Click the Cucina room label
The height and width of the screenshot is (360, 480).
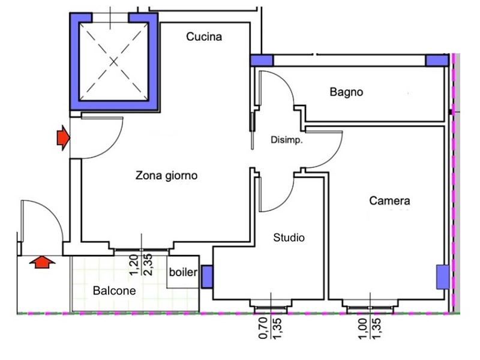[x=204, y=37]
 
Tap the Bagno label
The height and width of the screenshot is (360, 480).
[x=346, y=92]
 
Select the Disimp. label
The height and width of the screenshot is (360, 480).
[x=286, y=142]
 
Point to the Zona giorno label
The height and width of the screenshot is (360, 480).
[x=166, y=176]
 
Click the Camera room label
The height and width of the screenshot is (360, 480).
[x=389, y=201]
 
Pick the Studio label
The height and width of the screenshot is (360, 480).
[x=289, y=238]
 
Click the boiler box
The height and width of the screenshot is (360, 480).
[x=182, y=273]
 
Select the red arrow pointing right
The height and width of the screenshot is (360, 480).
[x=62, y=139]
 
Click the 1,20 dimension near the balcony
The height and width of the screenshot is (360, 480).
[x=134, y=265]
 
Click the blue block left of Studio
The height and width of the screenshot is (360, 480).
[x=206, y=277]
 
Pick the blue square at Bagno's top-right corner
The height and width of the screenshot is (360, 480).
[x=436, y=61]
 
